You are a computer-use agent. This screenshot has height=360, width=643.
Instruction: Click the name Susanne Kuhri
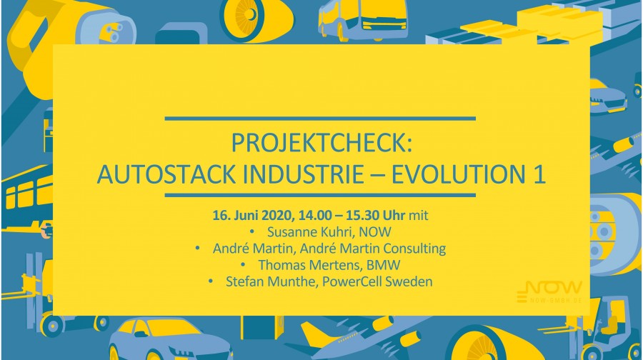click(311, 231)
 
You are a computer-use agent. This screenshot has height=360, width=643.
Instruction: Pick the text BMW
click(384, 265)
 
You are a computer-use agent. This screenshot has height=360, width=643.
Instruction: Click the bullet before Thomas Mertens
click(244, 265)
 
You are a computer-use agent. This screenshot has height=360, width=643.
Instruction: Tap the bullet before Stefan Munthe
click(211, 281)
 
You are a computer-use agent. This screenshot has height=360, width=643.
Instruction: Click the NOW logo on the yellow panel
click(549, 292)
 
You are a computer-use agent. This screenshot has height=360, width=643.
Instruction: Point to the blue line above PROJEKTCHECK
click(320, 119)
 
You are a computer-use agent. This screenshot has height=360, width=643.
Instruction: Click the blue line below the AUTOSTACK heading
click(320, 195)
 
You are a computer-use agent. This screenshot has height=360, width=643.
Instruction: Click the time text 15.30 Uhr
click(376, 215)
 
